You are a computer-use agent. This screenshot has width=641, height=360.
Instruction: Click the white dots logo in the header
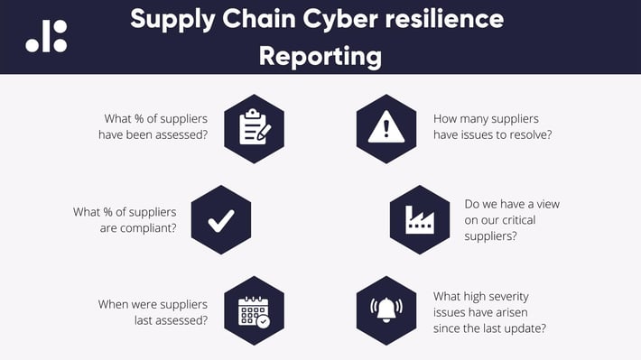coord(46,36)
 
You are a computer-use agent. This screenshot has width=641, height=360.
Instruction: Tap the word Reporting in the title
coord(320,56)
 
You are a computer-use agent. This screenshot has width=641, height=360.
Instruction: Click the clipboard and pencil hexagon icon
coord(255,128)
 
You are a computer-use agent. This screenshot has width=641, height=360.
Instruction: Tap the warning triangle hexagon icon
coord(386,128)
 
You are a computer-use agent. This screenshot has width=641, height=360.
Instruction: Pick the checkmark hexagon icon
coord(221,219)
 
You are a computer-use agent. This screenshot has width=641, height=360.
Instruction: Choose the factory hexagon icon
coord(419,219)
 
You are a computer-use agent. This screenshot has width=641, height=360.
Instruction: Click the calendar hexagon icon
coord(255,310)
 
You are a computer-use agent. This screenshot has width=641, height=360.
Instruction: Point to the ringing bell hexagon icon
coord(386,310)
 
